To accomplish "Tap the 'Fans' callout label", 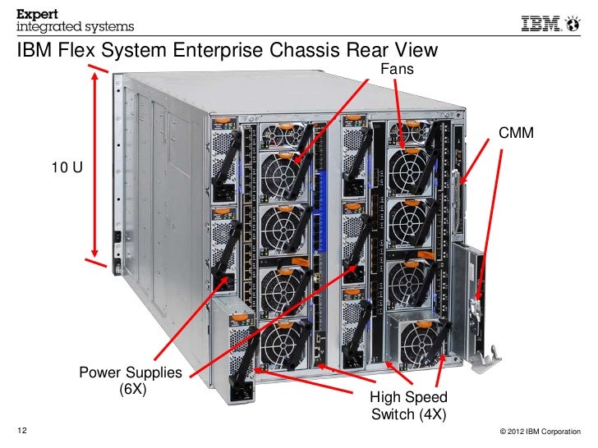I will click(x=398, y=70).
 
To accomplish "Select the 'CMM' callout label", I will click(x=517, y=133).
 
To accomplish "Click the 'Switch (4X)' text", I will click(x=409, y=414).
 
